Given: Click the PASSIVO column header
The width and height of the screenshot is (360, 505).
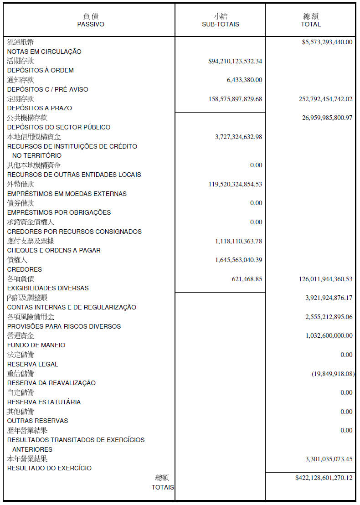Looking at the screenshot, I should click(90, 24).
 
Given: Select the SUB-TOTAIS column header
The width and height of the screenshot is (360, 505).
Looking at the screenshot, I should click(221, 24).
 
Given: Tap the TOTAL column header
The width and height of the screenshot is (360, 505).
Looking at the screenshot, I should click(311, 24).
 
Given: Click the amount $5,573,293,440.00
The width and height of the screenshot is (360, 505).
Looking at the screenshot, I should click(327, 42).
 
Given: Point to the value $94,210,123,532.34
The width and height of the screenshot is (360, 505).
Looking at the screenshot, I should click(235, 61).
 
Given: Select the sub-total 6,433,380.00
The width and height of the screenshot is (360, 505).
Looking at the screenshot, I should click(244, 80).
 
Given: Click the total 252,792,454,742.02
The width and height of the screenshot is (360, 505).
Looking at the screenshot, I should click(325, 99).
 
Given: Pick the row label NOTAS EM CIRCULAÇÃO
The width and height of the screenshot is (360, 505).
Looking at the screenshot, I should click(44, 52).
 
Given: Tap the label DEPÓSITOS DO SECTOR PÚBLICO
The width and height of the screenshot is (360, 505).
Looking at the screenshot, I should click(59, 127).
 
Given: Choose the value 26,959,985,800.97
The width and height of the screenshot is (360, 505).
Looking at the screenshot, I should click(327, 118).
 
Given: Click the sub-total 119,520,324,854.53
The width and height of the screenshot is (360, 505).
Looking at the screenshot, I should click(236, 184).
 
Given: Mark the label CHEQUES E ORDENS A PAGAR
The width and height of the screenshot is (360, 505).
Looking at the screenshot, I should click(54, 250).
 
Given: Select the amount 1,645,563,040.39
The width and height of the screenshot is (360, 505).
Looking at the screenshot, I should click(239, 260).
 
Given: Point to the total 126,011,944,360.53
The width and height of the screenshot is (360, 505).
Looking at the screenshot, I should click(325, 279).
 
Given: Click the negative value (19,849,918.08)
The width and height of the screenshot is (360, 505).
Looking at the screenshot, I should click(332, 374).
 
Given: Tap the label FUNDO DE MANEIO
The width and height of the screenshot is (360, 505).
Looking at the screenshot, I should click(36, 345).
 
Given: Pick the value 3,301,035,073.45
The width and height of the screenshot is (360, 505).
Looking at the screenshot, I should click(329, 459).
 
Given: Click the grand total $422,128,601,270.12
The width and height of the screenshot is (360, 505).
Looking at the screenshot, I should click(324, 478).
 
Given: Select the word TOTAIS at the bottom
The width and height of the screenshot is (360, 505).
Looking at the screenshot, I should click(163, 487).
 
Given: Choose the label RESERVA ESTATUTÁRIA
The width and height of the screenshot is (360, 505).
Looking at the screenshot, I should click(44, 402).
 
